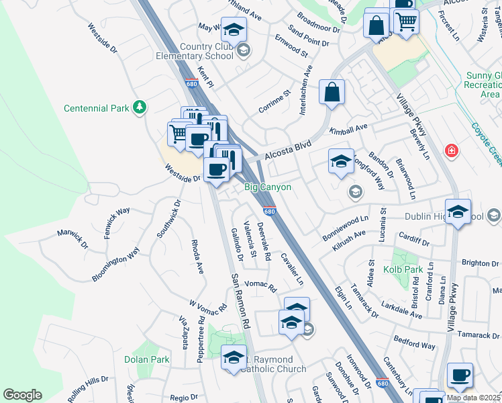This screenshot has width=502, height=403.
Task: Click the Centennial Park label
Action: coord(96,108)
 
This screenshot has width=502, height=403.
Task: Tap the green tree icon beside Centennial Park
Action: coord(139,107)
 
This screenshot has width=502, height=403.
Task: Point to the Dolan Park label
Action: coord(146,359)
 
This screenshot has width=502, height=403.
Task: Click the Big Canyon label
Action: coord(267,187)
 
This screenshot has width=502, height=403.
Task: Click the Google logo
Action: coord(22,395)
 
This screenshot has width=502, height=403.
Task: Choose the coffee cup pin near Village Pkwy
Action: coord(460,375)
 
